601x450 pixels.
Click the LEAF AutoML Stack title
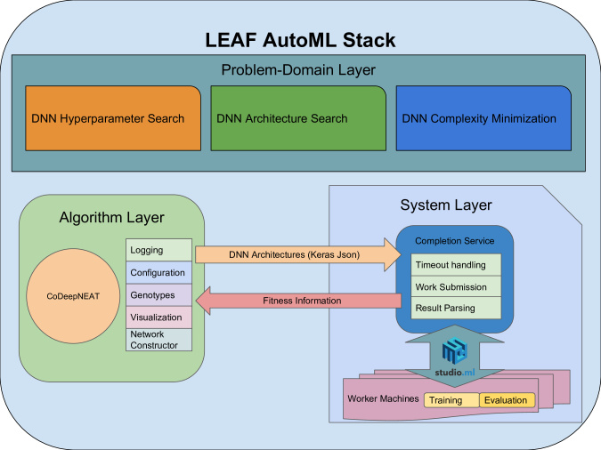300,40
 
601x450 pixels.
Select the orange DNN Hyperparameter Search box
113,118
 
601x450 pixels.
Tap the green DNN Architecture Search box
298,118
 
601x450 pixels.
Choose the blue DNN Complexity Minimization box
483,118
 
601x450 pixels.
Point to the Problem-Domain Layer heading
298,70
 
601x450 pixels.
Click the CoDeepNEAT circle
73,296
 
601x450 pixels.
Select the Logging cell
158,250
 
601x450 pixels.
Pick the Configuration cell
158,273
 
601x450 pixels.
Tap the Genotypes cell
158,295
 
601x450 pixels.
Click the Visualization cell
158,317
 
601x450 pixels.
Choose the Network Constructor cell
158,340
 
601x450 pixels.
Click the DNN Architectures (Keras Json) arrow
297,254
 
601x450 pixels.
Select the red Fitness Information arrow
298,301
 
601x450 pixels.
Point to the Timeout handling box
456,265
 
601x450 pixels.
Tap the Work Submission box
456,286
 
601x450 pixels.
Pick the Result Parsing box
456,308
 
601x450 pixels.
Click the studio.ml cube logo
455,350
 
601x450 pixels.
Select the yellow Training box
451,400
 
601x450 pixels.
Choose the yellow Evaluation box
507,400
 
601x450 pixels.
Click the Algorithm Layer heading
111,218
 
